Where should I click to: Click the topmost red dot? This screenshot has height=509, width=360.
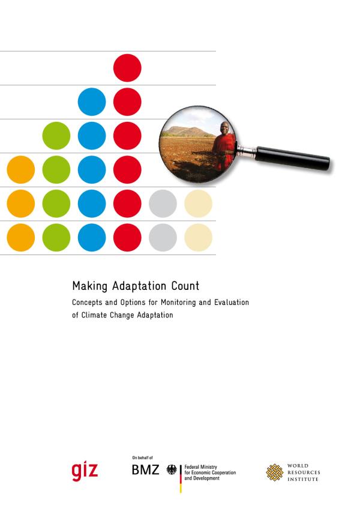click(x=127, y=68)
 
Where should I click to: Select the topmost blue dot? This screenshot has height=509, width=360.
click(x=92, y=101)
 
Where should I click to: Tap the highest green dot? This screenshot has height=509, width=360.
click(x=56, y=136)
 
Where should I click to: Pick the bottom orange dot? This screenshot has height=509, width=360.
click(x=21, y=237)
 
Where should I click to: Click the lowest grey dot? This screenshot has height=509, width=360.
click(x=163, y=237)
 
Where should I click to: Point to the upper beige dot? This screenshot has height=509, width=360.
click(x=199, y=203)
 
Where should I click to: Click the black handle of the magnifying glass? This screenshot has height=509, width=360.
click(x=293, y=158)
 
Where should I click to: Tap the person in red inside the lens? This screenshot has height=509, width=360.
click(x=224, y=146)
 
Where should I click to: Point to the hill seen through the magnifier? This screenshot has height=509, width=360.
click(x=187, y=131)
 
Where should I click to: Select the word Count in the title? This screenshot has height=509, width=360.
click(x=185, y=286)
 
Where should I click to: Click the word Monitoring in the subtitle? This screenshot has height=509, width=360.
click(x=179, y=303)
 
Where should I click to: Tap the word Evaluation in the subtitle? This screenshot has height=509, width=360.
click(x=232, y=303)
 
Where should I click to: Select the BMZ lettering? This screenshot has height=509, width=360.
click(x=145, y=470)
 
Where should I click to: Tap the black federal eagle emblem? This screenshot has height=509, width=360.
click(x=172, y=470)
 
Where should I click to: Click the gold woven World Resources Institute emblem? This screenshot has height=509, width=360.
click(x=275, y=472)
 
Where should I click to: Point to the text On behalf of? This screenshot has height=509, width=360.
click(x=142, y=458)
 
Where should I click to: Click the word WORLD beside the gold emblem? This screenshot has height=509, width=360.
click(x=298, y=466)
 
